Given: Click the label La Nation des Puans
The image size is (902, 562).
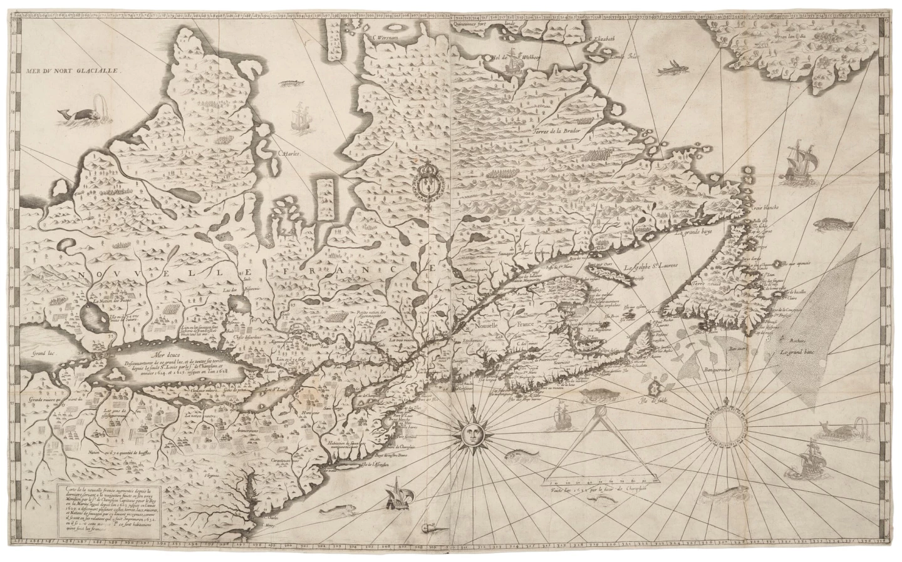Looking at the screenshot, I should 113,302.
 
